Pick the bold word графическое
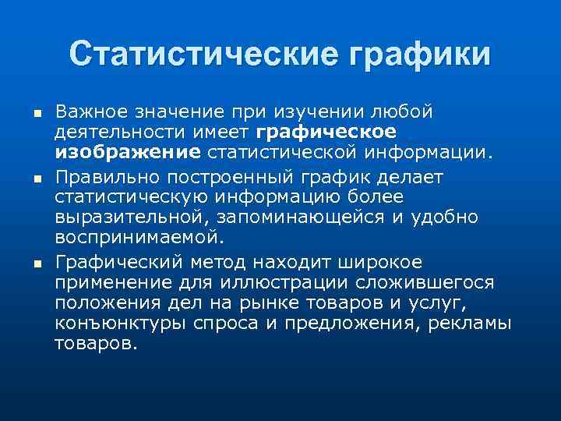coord(326,133)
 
